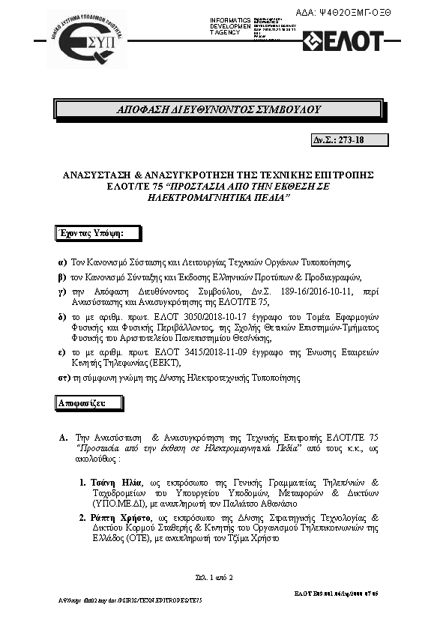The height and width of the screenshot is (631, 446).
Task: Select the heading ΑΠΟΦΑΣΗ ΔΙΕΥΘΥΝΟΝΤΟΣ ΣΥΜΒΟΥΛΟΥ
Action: click(219, 110)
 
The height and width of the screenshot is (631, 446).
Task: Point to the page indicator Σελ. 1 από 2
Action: click(214, 577)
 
